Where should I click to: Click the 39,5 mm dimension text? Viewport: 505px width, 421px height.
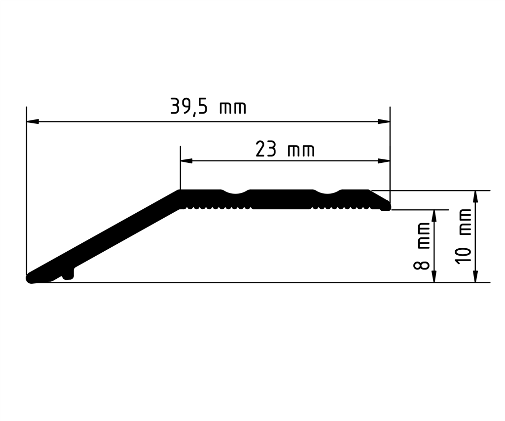(208, 107)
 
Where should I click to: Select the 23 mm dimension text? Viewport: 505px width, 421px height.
(285, 149)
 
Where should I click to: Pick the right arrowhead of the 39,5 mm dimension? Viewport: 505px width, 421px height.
(384, 121)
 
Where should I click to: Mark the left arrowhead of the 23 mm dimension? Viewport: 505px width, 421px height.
(186, 161)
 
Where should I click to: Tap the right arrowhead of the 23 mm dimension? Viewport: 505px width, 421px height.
(384, 161)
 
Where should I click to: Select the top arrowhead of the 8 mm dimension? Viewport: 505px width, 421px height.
(434, 216)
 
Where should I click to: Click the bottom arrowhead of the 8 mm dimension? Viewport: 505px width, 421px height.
(434, 276)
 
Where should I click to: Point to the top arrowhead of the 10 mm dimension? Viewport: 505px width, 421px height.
(475, 196)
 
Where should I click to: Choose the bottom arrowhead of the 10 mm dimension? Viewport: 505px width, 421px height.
(475, 276)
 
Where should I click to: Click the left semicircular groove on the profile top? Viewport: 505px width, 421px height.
(237, 192)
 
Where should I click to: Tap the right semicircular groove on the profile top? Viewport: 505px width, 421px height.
(327, 192)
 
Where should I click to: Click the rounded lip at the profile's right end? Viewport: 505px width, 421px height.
(386, 207)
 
